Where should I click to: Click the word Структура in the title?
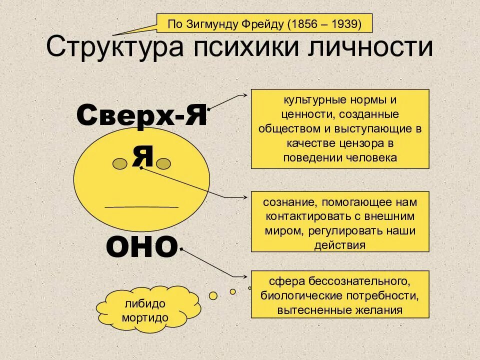tap(111, 47)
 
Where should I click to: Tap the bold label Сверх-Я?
tap(141, 116)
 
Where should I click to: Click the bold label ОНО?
tap(142, 246)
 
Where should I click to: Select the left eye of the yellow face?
tap(119, 163)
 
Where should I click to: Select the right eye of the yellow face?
tap(164, 163)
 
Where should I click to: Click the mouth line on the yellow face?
tap(141, 206)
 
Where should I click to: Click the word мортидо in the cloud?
tap(145, 317)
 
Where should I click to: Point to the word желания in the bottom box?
tap(381, 310)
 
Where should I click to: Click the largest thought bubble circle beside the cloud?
tap(213, 295)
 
